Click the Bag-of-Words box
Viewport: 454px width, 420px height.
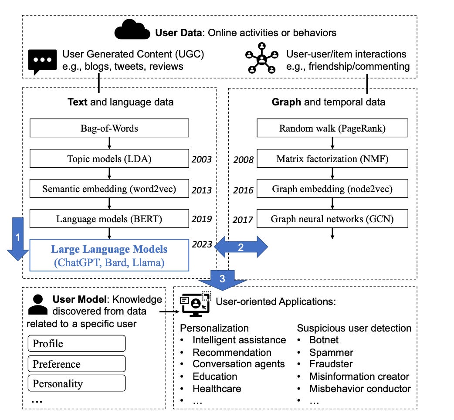tap(109, 128)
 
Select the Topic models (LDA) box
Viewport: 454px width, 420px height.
tap(109, 158)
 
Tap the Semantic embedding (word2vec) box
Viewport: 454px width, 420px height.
tap(109, 189)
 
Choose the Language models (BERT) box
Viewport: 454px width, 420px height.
tap(109, 219)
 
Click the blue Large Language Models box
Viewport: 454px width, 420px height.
tap(109, 255)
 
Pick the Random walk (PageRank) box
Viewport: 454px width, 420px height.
tap(332, 128)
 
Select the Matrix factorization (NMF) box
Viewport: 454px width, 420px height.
tap(332, 158)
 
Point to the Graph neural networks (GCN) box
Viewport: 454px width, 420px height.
tap(332, 219)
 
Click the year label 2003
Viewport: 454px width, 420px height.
tap(202, 159)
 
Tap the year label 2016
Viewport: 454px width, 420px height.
tap(243, 190)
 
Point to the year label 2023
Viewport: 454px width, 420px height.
tap(202, 244)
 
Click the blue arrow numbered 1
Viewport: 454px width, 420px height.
tap(18, 239)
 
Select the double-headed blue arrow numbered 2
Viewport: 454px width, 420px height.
tap(241, 247)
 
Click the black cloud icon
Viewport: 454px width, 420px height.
tap(132, 29)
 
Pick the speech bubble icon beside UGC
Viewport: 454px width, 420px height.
tap(42, 62)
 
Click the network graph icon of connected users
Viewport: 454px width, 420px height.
tap(262, 58)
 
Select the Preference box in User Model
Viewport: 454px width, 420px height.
tap(77, 364)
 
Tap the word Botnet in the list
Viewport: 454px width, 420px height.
tap(324, 340)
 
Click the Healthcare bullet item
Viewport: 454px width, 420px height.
tap(217, 389)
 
